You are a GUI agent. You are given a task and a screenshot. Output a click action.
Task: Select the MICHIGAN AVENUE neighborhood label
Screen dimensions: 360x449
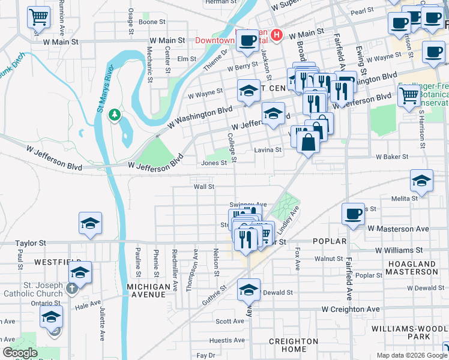tap(148, 290)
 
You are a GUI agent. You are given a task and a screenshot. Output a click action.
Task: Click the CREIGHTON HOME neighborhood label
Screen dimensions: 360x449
tap(294, 345)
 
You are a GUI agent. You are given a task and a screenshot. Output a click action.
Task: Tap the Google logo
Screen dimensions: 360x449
tap(20, 353)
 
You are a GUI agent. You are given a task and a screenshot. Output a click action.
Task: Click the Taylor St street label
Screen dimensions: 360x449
tap(31, 244)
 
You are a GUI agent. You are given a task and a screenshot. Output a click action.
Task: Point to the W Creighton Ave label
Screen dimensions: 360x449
tap(351, 309)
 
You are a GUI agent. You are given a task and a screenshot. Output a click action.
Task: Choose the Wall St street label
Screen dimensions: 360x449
tap(204, 187)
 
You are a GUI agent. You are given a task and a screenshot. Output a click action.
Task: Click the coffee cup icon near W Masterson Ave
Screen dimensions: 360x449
tap(352, 214)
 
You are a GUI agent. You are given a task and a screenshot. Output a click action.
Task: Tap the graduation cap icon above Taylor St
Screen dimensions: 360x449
tap(90, 223)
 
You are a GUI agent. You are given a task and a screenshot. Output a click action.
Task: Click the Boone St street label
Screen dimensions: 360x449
tap(152, 22)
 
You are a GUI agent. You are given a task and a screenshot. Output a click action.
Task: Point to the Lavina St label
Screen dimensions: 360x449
tap(268, 150)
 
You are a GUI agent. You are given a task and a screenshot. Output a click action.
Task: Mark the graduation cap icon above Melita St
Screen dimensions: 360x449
tap(421, 180)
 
